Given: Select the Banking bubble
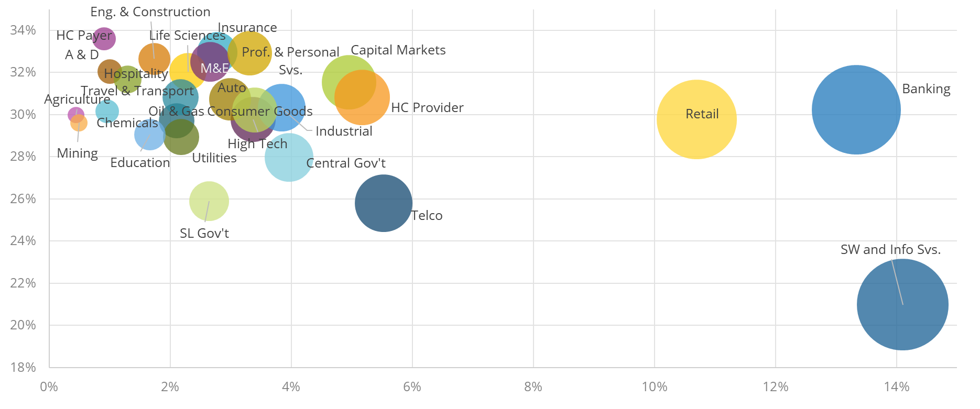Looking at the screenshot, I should coord(856,109).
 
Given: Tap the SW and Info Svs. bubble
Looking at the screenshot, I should coord(902,304).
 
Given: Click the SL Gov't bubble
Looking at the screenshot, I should coord(209,201).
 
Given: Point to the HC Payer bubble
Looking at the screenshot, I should coord(104,38).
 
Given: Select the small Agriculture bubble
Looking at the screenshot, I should coord(75,114).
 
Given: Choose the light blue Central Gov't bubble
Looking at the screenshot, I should coord(289,157).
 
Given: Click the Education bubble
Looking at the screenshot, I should coord(149,135).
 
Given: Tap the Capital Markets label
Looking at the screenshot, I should coord(398,50).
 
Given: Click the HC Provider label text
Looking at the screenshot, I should coord(427,108).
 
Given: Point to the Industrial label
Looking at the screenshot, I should coord(344,131).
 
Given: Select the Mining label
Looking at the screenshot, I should coord(77,153).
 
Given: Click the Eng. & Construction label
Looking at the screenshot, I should coord(150,12).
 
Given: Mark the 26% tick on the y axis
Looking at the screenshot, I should coord(23,199).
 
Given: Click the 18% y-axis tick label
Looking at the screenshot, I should coord(23,367).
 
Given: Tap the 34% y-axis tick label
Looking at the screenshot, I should coord(23,30).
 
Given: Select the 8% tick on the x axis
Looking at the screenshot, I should coord(533,387).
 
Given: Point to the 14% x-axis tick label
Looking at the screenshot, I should coord(896,387).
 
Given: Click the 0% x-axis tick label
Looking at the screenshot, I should coord(49,387).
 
